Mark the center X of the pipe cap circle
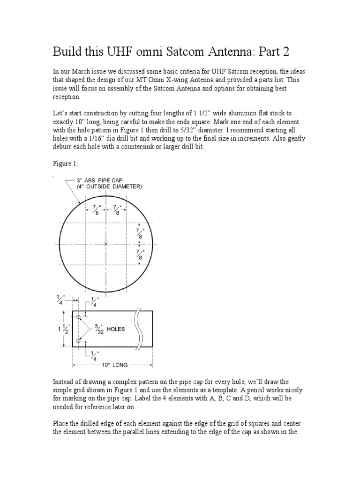(106, 244)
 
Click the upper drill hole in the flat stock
(78, 318)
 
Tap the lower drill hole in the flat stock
(78, 340)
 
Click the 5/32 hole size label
(97, 329)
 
